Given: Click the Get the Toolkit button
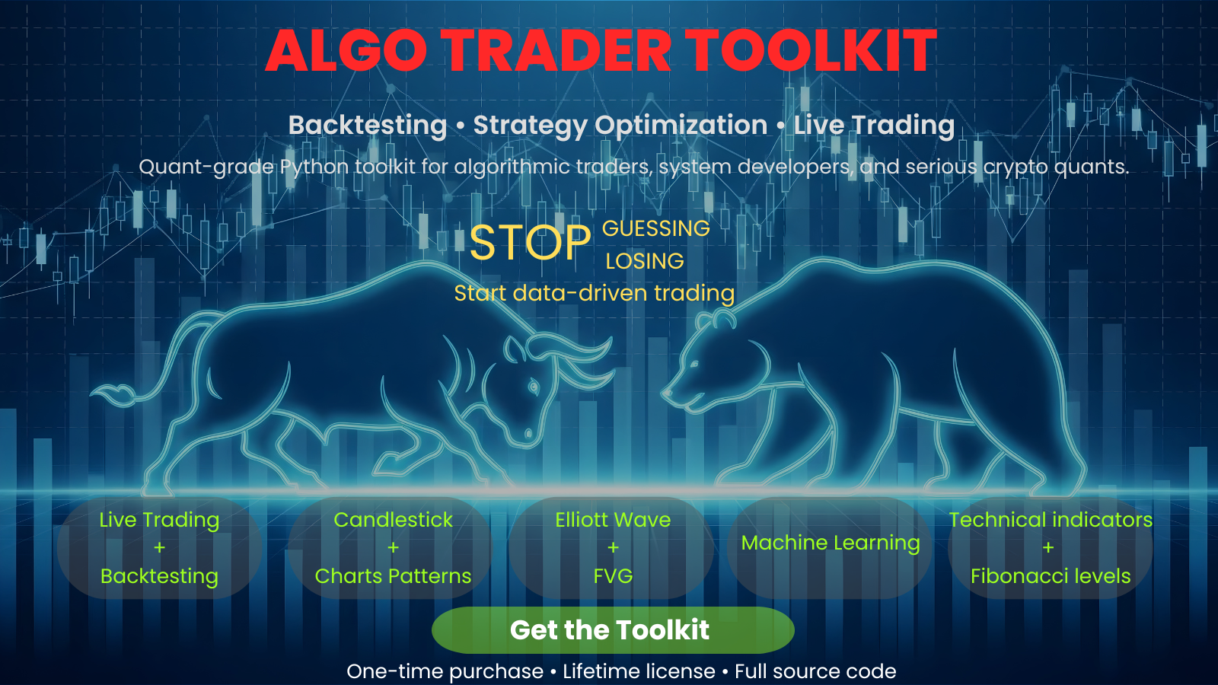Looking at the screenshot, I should pos(613,630).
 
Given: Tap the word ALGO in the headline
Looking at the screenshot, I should pos(346,51).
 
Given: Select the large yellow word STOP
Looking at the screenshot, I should pos(530,244).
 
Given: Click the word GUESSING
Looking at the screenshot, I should pos(655,228).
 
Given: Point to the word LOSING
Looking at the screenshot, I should pos(645,261).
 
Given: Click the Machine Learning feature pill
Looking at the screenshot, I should pos(831,543).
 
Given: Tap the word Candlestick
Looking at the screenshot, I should pos(393,520).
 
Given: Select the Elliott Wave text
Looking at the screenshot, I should pos(613,520).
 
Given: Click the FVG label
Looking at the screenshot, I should pos(613,576).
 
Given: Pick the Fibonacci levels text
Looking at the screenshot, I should pos(1051,576).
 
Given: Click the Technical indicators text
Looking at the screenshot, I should pos(1051,520).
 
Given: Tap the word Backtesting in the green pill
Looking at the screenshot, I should pos(159,576).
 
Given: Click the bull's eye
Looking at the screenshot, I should pos(533,387).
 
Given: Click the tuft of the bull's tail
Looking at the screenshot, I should pos(114,394).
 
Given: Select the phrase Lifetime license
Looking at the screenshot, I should pos(639,671).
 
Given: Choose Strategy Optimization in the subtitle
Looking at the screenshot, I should pos(620,125).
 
